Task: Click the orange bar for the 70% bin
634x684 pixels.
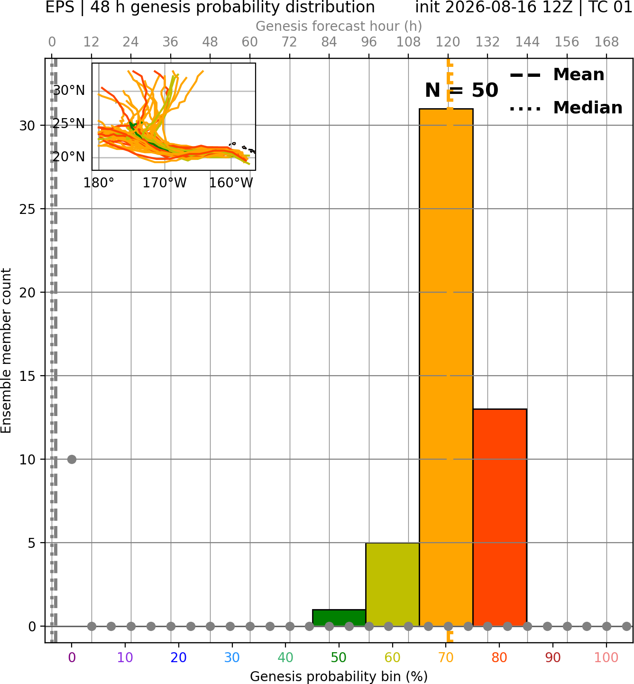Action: coord(446,367)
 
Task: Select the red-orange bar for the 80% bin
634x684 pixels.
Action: coord(500,518)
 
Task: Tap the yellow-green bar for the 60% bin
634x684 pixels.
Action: coord(393,584)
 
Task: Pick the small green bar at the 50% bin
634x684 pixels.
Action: coord(339,618)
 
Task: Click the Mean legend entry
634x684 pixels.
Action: coord(557,75)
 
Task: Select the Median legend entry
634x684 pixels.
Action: coord(566,108)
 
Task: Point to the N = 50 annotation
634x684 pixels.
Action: coord(461,90)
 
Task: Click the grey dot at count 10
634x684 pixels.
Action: coord(72,459)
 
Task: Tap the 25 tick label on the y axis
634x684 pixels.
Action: coord(27,209)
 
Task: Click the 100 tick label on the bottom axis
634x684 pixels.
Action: coord(606,657)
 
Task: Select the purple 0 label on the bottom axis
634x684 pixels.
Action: coord(72,657)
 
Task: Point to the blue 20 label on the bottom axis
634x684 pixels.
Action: coord(178,657)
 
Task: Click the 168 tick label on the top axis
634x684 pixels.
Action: coord(606,42)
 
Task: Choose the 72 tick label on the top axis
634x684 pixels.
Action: coord(289,42)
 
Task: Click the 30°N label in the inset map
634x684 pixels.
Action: coord(69,90)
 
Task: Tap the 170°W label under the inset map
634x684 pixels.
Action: coord(165,183)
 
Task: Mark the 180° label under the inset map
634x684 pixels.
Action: coord(99,183)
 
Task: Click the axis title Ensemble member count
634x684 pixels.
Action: coord(6,351)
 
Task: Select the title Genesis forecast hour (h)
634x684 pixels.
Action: coord(339,26)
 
